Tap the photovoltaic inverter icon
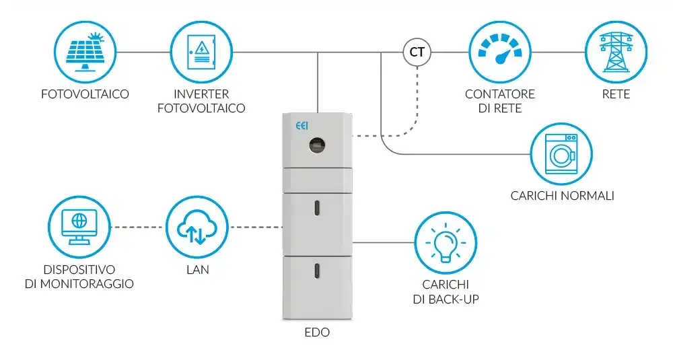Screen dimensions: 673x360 coord(201,52)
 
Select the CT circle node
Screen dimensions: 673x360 coord(417,52)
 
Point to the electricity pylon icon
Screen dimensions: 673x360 coord(616,52)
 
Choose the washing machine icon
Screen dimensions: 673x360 coord(561,154)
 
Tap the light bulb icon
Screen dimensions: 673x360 coord(446,242)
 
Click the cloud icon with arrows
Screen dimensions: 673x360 coord(197,227)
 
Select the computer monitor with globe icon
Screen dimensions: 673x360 coord(79,227)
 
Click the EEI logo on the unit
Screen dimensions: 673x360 coord(302,126)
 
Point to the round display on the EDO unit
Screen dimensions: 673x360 coord(317,145)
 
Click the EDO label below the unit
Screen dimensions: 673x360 coord(317,332)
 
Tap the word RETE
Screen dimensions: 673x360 coord(616,94)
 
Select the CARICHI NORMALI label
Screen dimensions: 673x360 coord(562,196)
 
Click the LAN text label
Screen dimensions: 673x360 coord(197,269)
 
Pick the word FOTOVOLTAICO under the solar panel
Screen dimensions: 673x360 coord(85,94)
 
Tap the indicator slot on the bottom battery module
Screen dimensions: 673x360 coord(317,271)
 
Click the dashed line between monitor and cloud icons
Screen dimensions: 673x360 coord(138,227)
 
